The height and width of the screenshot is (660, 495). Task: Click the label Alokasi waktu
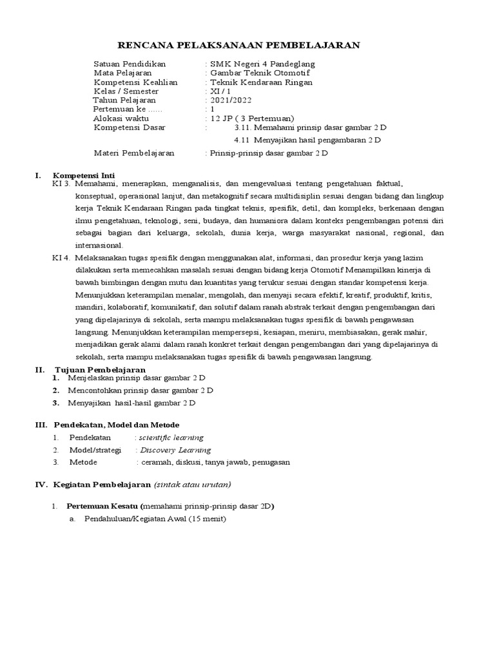tap(121, 119)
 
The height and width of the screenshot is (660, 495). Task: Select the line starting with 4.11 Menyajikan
tap(308, 140)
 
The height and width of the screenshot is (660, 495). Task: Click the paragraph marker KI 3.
tap(61, 184)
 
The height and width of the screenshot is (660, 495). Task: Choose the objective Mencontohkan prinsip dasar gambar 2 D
tap(141, 391)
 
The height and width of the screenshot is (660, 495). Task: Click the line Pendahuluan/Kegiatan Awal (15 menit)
tap(154, 519)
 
